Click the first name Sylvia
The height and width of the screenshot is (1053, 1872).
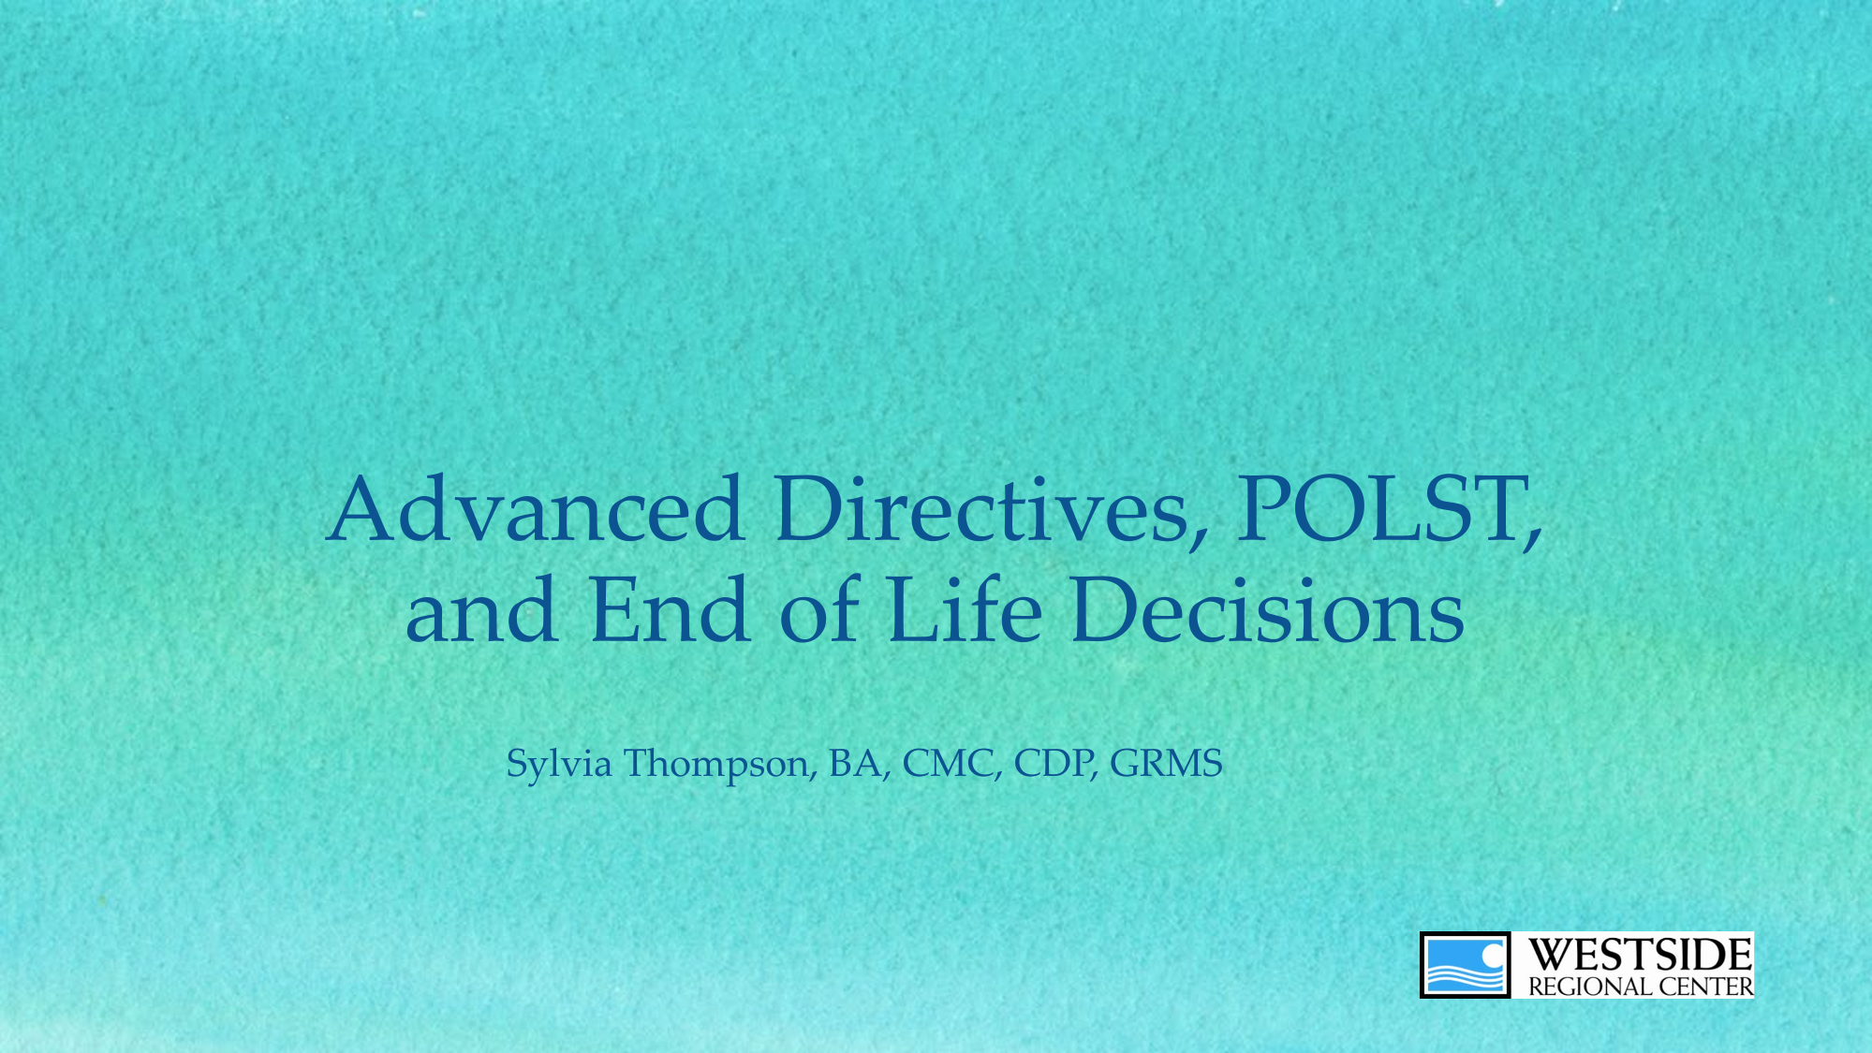tap(559, 765)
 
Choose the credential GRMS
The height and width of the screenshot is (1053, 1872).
tap(1166, 764)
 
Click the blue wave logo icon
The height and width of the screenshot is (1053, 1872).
tap(1465, 965)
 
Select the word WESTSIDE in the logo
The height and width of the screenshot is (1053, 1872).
tap(1640, 956)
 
